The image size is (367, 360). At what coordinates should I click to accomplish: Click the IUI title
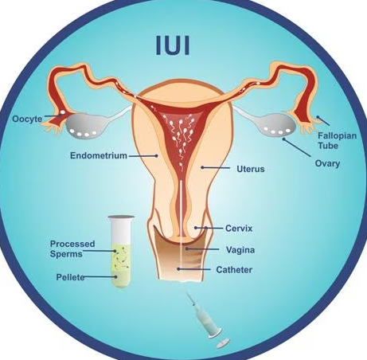[x=173, y=45]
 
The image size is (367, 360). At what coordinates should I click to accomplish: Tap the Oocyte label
[x=27, y=119]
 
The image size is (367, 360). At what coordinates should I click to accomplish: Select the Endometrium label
[x=99, y=155]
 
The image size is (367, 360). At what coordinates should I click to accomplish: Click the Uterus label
[x=251, y=169]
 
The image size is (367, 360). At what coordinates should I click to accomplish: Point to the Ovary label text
[x=327, y=163]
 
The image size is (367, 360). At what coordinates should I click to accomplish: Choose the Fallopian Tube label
[x=337, y=140]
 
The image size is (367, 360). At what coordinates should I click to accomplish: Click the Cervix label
[x=239, y=229]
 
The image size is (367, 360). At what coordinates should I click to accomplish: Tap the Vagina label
[x=240, y=250]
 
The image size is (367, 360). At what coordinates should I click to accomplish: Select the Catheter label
[x=234, y=270]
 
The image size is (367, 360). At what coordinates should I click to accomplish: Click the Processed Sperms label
[x=72, y=248]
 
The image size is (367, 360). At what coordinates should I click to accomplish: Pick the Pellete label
[x=70, y=277]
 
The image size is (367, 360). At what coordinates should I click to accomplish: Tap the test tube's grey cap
[x=121, y=217]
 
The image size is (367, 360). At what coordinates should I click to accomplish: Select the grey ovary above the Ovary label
[x=277, y=124]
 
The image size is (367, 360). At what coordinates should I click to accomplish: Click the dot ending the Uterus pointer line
[x=202, y=167]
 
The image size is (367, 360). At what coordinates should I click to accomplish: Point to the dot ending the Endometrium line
[x=157, y=156]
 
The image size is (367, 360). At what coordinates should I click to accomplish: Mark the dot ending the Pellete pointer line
[x=115, y=277]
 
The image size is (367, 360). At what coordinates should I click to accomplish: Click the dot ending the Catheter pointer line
[x=179, y=269]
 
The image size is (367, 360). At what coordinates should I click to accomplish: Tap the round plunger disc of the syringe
[x=223, y=343]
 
